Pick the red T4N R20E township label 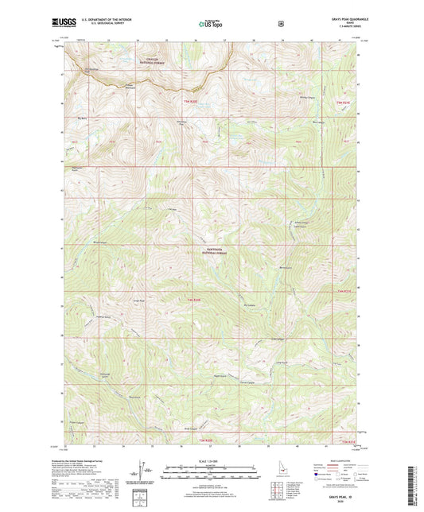[193, 299]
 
